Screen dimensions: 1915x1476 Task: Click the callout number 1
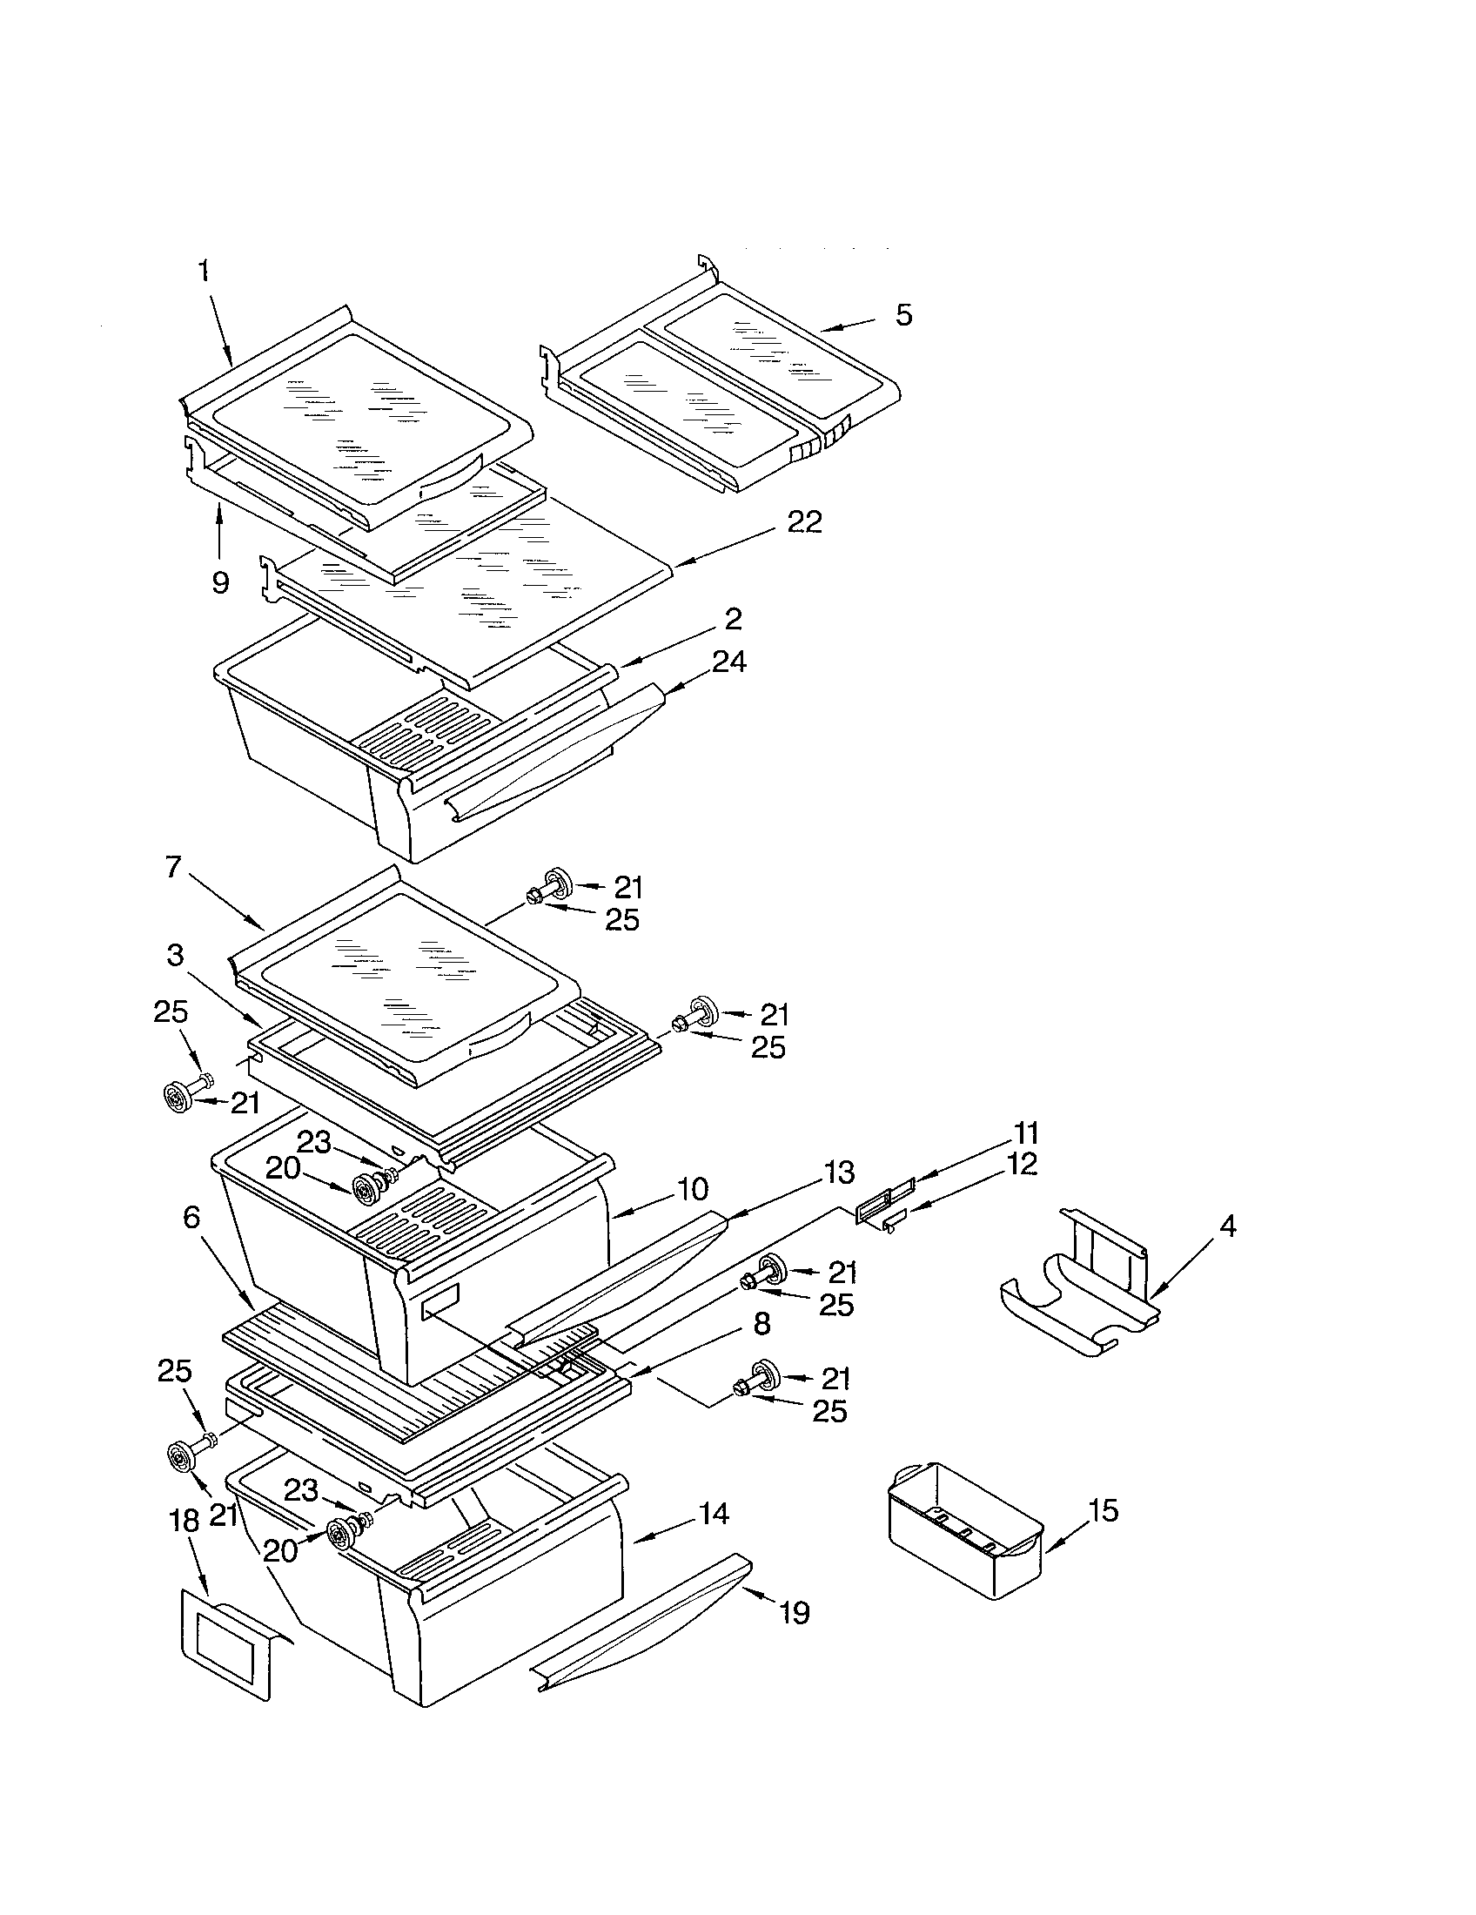point(204,271)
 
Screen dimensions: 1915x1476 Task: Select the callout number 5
point(903,315)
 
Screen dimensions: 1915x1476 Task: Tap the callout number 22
point(804,522)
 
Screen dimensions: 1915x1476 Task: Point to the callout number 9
point(220,582)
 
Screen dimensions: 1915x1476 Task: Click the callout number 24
point(728,662)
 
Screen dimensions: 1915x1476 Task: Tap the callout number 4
point(1228,1226)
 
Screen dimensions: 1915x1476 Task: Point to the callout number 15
point(1104,1510)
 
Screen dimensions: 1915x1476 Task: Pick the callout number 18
point(184,1521)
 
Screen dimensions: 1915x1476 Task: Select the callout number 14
point(715,1514)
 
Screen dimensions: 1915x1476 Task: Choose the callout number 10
point(692,1190)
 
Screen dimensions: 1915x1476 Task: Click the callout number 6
point(191,1217)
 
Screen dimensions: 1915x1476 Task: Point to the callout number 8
point(761,1324)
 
